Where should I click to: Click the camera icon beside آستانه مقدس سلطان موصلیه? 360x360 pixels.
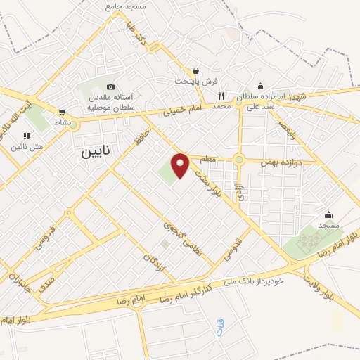[110, 86]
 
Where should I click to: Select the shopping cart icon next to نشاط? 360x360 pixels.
[62, 112]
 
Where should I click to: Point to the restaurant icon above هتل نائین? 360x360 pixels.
[26, 136]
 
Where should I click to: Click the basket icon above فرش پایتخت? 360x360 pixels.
[196, 70]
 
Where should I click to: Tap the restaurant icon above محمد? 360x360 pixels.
[221, 96]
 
